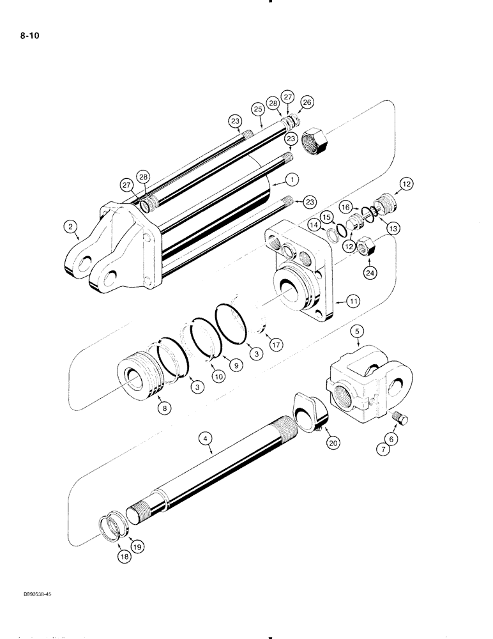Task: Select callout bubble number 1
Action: coord(275,180)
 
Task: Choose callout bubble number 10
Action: coord(218,377)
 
